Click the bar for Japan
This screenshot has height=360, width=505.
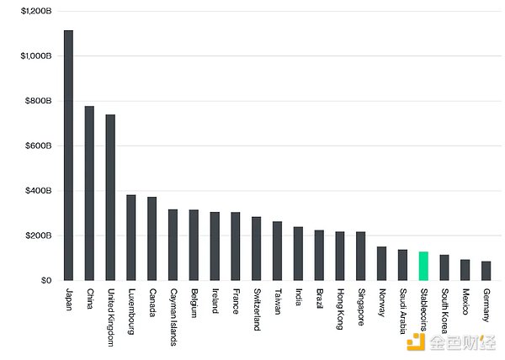point(68,156)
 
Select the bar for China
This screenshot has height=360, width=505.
point(89,193)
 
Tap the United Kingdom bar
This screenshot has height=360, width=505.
point(110,198)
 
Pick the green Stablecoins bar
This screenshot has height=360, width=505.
point(423,266)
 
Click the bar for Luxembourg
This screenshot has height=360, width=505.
point(131,238)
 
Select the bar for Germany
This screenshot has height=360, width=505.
point(486,271)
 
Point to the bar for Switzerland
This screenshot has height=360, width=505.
point(256,249)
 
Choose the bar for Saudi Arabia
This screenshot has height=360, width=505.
point(402,265)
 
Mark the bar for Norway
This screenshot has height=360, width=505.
point(381,263)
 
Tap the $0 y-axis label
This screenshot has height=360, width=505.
point(45,281)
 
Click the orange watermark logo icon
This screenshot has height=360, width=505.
point(414,340)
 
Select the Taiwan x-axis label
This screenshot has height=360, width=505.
point(277,304)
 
